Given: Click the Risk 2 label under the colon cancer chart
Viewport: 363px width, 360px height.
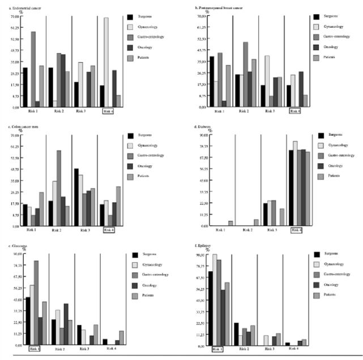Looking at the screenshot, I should tap(56, 230).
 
